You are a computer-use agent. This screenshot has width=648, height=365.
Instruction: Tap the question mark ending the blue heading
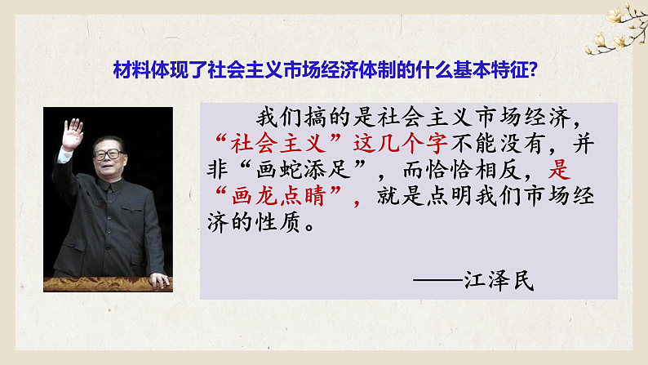[531, 70]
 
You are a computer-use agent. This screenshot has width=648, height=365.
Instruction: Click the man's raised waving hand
[73, 134]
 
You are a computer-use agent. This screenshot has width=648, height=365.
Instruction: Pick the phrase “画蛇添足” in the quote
[312, 170]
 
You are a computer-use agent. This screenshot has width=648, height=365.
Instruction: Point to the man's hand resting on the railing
[158, 280]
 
